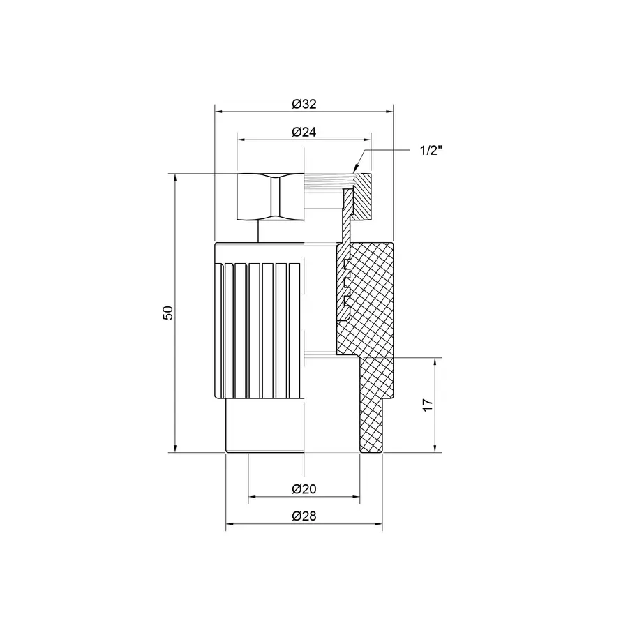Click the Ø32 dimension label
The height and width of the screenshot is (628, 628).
click(304, 103)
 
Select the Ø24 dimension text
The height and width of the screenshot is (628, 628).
click(304, 131)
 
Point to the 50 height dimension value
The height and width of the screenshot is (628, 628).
click(167, 313)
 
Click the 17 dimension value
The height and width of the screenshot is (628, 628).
click(428, 405)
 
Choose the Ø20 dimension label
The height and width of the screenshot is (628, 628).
click(304, 489)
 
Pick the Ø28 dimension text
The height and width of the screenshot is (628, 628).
click(304, 517)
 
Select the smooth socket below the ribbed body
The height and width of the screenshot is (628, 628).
click(265, 426)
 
